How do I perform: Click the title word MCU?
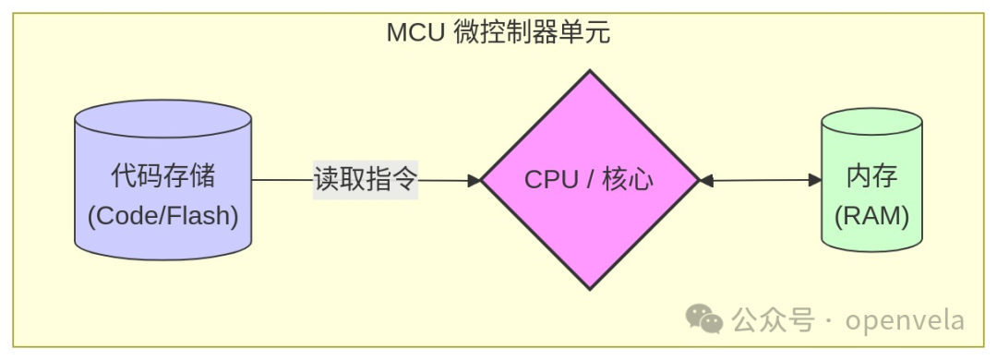click(415, 33)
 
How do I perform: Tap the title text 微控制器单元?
click(532, 33)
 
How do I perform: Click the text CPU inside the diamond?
click(551, 180)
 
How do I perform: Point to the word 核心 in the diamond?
click(627, 180)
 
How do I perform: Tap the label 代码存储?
click(162, 175)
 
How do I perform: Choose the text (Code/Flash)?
click(162, 217)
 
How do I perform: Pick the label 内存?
click(871, 176)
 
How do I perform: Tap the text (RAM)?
click(871, 217)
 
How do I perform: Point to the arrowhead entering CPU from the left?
click(475, 181)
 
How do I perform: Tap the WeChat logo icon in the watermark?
click(703, 320)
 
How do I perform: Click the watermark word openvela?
click(905, 320)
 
